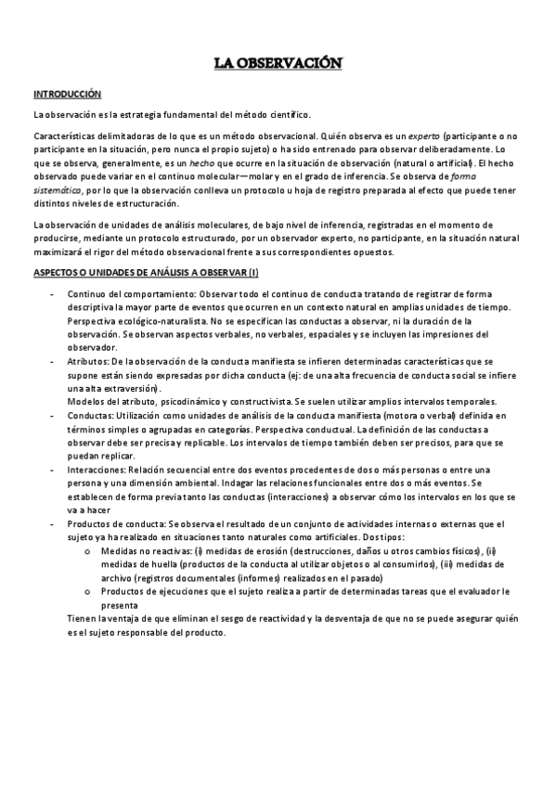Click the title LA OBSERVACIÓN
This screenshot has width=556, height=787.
click(278, 63)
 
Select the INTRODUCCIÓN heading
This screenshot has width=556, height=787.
click(67, 95)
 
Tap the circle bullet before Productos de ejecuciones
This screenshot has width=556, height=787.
click(86, 591)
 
